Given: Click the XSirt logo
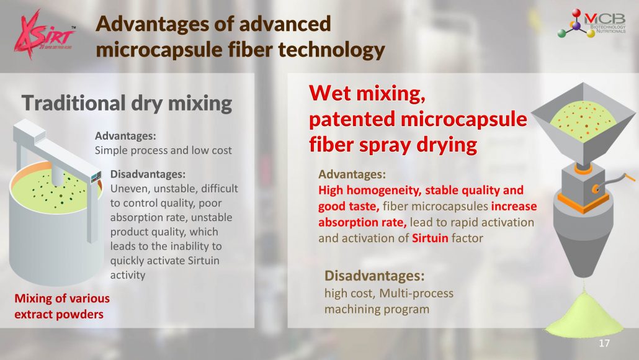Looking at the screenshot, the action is pyautogui.click(x=45, y=35).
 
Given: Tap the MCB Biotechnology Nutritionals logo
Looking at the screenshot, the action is pyautogui.click(x=592, y=23).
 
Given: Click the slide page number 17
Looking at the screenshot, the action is pyautogui.click(x=604, y=343).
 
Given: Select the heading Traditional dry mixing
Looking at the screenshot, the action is pyautogui.click(x=127, y=103).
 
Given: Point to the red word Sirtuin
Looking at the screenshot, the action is pyautogui.click(x=430, y=238).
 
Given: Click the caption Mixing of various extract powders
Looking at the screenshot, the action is pyautogui.click(x=62, y=306).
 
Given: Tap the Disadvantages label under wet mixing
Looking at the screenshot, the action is pyautogui.click(x=374, y=276).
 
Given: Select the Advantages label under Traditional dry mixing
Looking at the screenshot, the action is pyautogui.click(x=125, y=136).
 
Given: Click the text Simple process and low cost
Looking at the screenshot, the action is pyautogui.click(x=163, y=150).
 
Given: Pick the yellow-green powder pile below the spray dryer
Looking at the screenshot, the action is pyautogui.click(x=584, y=315).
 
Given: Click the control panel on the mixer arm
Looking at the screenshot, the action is pyautogui.click(x=96, y=177).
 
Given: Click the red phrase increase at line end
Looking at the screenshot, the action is pyautogui.click(x=514, y=206).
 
